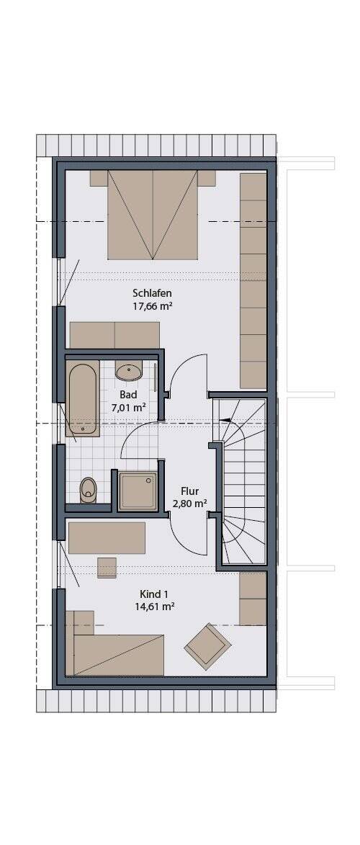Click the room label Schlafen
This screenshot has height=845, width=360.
click(153, 294)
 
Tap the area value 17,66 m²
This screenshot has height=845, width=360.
click(153, 307)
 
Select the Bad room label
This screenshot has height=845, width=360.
click(128, 395)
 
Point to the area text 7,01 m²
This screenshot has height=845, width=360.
click(129, 408)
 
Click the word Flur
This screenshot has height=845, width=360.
click(189, 491)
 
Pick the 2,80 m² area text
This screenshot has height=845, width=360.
click(189, 504)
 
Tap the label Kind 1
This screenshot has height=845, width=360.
click(154, 594)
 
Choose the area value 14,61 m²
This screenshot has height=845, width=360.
click(154, 607)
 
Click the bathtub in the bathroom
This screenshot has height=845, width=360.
click(83, 398)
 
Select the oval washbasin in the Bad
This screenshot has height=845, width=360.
click(130, 372)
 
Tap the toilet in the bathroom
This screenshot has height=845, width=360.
click(88, 490)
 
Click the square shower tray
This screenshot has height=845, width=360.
click(138, 491)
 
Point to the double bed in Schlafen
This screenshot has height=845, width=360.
click(153, 215)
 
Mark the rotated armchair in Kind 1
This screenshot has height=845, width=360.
click(207, 647)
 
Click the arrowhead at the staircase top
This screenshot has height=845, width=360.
click(226, 420)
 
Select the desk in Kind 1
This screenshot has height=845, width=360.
click(107, 538)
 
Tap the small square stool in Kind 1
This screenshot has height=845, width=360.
click(107, 568)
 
